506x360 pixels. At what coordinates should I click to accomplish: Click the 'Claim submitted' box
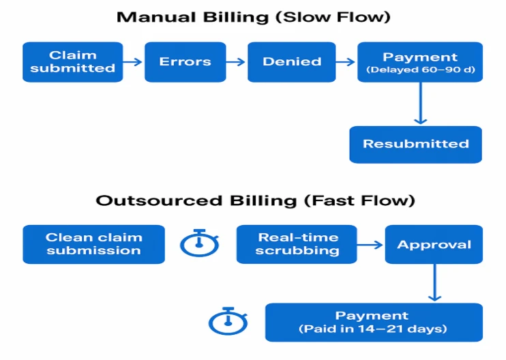[73, 62]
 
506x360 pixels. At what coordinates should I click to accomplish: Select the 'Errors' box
[185, 62]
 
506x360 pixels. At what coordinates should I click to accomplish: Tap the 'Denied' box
[292, 62]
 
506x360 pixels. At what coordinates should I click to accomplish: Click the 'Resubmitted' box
[415, 144]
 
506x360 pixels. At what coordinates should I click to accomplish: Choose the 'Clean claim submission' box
[94, 244]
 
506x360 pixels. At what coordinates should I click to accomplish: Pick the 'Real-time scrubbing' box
[297, 244]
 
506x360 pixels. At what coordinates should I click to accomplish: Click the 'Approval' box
[434, 245]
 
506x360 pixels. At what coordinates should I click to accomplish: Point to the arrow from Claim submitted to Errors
[134, 62]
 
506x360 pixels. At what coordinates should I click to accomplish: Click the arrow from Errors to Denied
[236, 62]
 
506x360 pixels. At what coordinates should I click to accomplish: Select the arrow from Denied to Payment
[346, 62]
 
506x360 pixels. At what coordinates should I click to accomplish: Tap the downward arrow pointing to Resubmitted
[421, 103]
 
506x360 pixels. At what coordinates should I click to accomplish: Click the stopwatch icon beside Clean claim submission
[199, 243]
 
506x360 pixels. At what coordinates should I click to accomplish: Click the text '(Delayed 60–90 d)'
[420, 70]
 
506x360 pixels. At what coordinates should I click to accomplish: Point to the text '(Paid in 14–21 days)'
[372, 329]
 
